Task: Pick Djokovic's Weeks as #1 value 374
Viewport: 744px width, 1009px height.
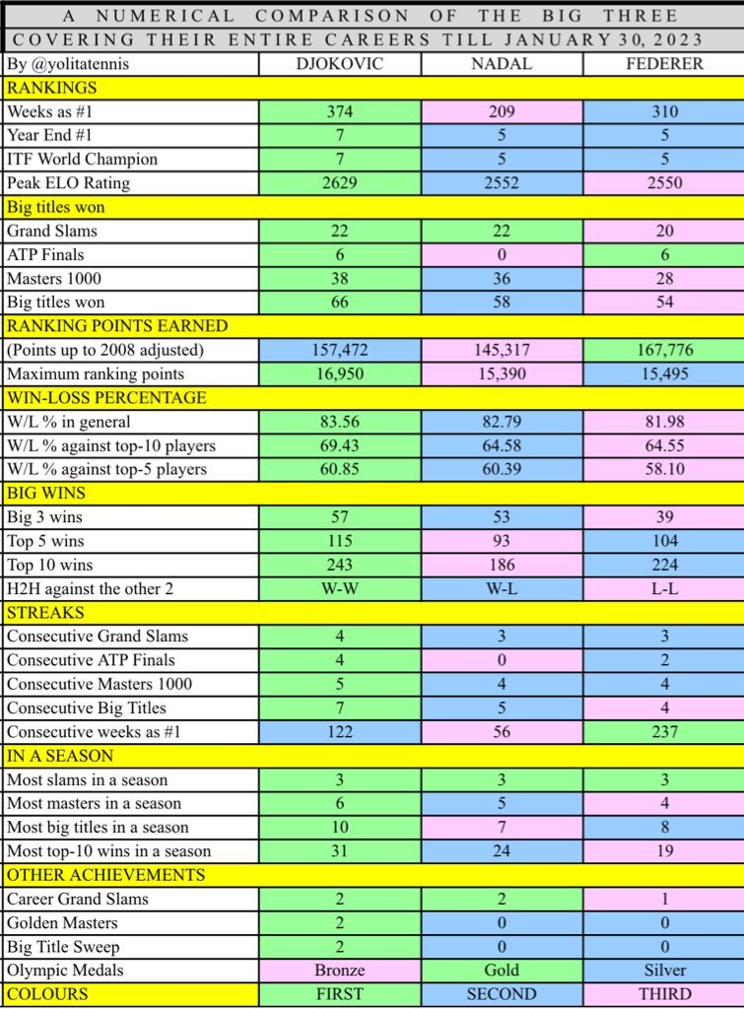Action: [340, 112]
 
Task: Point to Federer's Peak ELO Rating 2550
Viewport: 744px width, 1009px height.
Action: [663, 183]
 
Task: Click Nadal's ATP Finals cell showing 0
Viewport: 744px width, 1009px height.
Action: [502, 255]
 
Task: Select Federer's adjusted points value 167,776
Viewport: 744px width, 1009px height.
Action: [663, 350]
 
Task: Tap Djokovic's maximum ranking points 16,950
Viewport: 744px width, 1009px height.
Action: [340, 373]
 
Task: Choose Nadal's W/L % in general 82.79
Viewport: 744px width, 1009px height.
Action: [502, 422]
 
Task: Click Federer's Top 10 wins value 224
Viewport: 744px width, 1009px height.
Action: [663, 565]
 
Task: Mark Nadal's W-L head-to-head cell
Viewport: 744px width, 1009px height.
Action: [502, 588]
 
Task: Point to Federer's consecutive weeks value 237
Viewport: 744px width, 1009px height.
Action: [663, 732]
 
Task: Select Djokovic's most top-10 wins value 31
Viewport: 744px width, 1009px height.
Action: [340, 851]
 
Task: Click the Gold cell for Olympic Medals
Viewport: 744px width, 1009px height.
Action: [502, 971]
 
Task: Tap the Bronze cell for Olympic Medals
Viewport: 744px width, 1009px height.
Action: [340, 971]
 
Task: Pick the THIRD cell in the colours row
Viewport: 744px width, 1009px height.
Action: [663, 993]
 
